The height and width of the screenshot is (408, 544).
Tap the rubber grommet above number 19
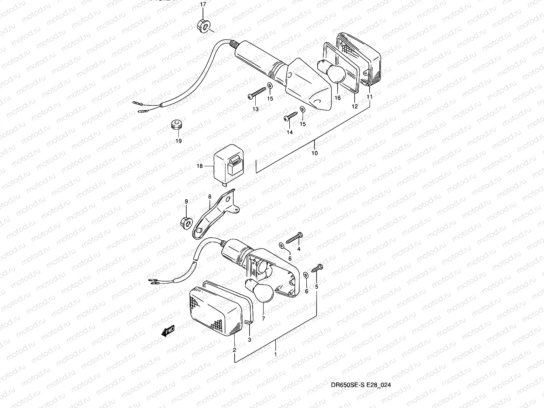point(176,125)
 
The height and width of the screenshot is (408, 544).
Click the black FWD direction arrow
point(168,330)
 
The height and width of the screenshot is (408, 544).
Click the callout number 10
point(314,153)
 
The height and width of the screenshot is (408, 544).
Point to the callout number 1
point(275,354)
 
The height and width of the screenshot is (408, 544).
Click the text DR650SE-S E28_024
point(362,385)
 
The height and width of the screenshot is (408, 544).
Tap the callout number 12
point(355,106)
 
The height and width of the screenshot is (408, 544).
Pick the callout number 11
point(370,97)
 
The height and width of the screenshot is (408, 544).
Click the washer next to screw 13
point(270,85)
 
